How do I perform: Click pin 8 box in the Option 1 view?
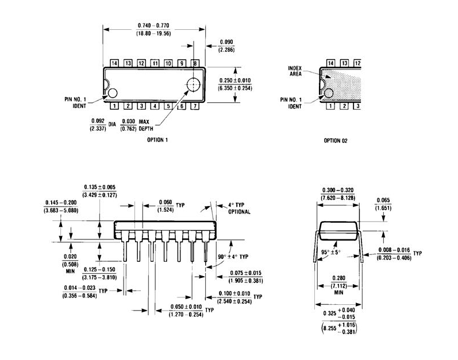195,63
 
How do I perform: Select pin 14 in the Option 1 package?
114,63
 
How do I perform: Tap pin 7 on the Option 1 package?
195,106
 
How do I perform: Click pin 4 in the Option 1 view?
155,106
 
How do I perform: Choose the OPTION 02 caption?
336,140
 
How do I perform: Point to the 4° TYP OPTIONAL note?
237,208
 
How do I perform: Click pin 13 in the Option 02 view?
344,63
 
